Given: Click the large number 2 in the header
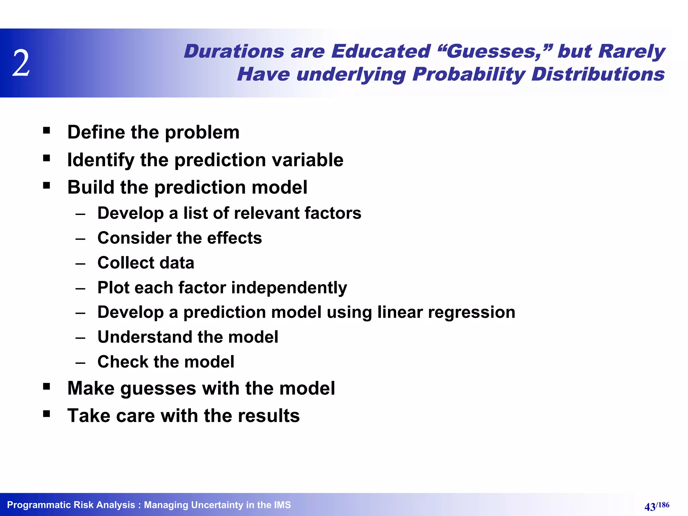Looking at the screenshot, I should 21,63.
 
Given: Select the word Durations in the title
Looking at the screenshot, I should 234,51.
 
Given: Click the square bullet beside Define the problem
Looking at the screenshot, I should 47,130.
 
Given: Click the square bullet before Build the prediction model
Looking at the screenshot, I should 47,185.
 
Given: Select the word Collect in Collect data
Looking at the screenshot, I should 125,263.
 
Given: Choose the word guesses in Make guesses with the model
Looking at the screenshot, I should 158,388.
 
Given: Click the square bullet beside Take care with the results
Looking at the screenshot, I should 47,414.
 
